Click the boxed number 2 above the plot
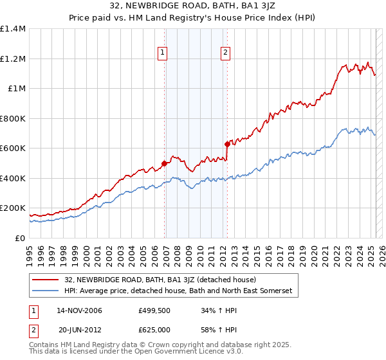[x=226, y=53]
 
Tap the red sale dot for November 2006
[x=164, y=163]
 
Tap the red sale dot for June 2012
[x=227, y=144]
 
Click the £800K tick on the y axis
[x=13, y=118]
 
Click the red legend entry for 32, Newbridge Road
[x=160, y=280]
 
